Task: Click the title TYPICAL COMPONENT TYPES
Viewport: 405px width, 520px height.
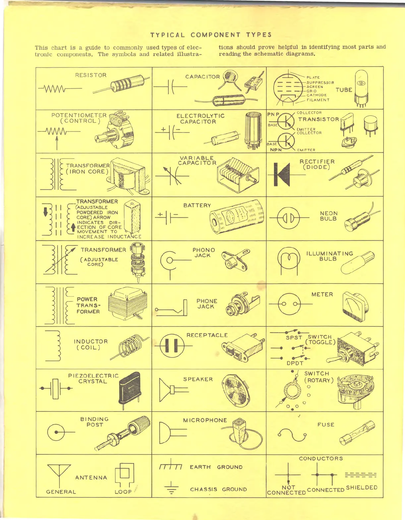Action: click(x=211, y=35)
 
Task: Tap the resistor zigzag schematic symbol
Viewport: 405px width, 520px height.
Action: click(x=57, y=89)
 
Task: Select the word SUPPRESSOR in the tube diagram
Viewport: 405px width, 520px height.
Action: click(x=320, y=82)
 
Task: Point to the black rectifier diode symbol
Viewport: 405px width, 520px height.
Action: click(x=282, y=174)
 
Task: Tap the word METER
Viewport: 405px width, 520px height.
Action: click(x=322, y=294)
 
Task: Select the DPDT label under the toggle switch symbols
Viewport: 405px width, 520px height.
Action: click(x=295, y=363)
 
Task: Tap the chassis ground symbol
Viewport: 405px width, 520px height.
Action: click(x=171, y=488)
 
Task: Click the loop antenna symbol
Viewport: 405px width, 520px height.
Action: click(x=125, y=474)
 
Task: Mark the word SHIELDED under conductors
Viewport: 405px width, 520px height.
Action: click(x=362, y=487)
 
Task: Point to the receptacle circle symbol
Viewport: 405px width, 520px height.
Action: click(x=172, y=346)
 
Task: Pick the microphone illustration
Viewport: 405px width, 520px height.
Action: click(x=240, y=431)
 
